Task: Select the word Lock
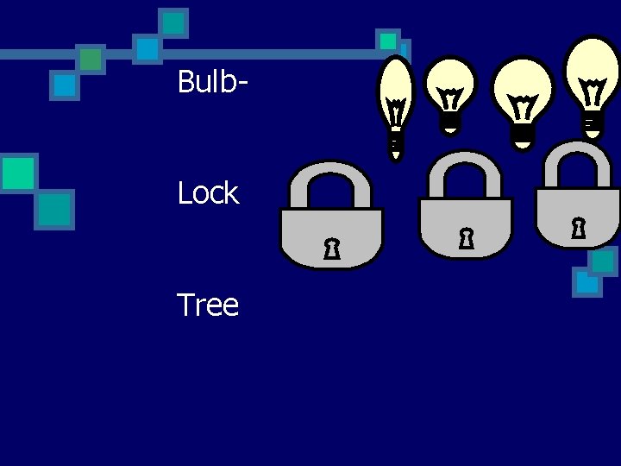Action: pyautogui.click(x=207, y=193)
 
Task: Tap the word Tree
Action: pyautogui.click(x=207, y=305)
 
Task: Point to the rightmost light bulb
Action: pyautogui.click(x=592, y=78)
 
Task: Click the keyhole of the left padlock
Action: pyautogui.click(x=330, y=250)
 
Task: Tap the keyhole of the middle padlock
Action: pyautogui.click(x=466, y=238)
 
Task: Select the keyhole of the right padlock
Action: pyautogui.click(x=578, y=229)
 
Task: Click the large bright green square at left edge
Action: pyautogui.click(x=17, y=173)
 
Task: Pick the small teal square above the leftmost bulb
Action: pyautogui.click(x=389, y=41)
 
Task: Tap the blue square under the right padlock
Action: pyautogui.click(x=586, y=281)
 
